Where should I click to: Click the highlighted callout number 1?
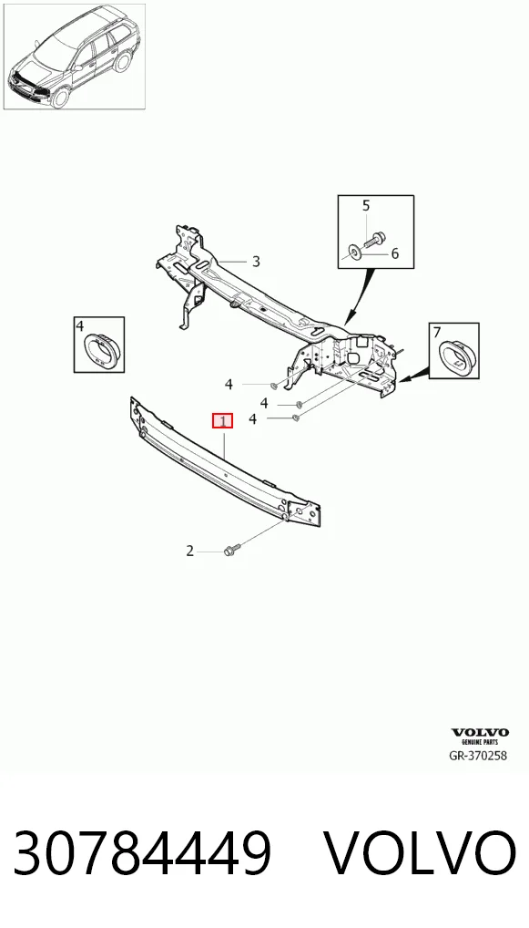[223, 421]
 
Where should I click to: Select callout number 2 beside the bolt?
[189, 551]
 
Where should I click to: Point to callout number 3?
[256, 261]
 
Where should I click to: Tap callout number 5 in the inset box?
[366, 205]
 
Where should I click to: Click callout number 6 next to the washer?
[395, 254]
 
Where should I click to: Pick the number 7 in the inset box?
[437, 332]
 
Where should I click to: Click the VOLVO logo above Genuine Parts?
[479, 733]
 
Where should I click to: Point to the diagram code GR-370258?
[478, 755]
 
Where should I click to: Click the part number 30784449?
[142, 853]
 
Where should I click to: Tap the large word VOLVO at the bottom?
[422, 853]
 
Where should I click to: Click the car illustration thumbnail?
[75, 57]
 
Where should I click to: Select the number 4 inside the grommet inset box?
[79, 325]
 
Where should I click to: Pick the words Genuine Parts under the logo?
[479, 741]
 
